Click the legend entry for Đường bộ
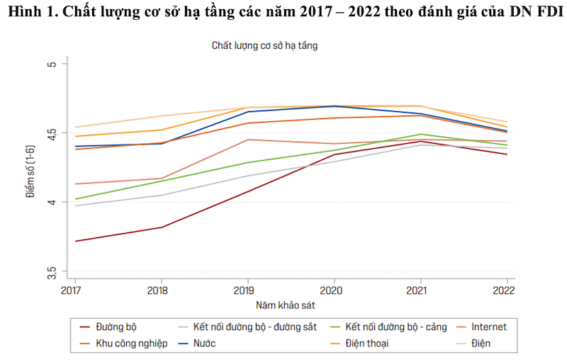[115, 327]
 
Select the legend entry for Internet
[489, 327]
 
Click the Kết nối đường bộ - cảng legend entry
[392, 327]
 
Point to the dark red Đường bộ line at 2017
[75, 241]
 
